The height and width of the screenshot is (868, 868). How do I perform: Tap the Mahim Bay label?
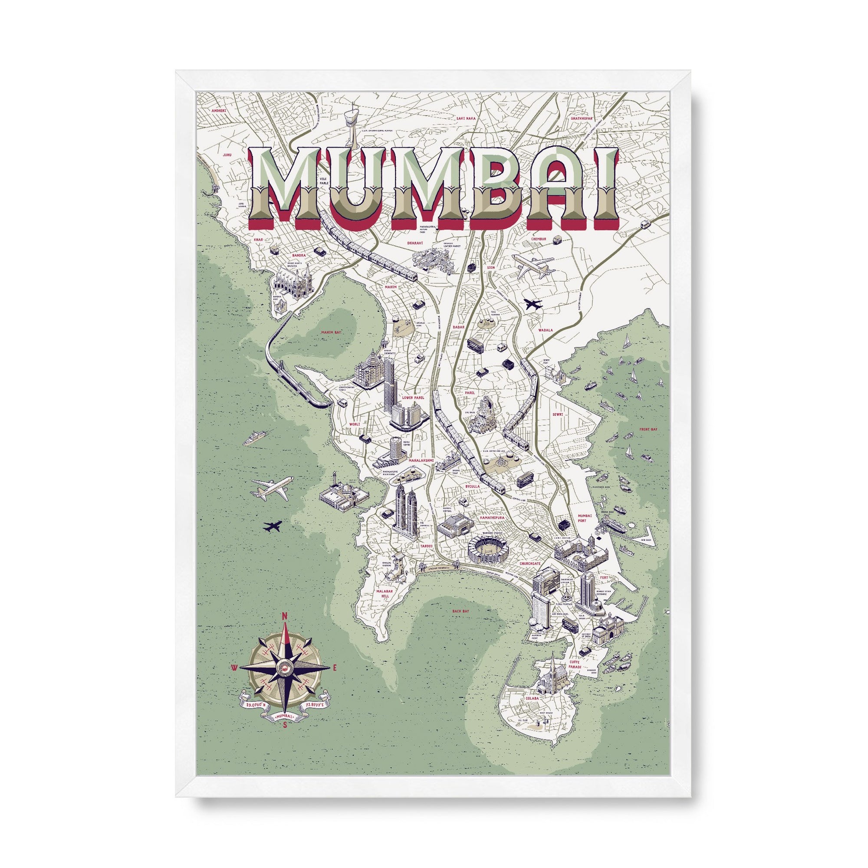click(x=332, y=332)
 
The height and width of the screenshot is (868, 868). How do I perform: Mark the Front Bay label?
click(x=648, y=430)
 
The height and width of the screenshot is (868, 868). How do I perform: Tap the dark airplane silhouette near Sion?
click(x=533, y=305)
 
